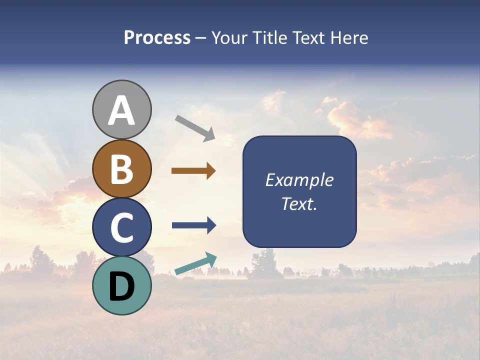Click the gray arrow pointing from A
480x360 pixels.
pos(194,128)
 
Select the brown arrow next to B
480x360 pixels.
pos(193,171)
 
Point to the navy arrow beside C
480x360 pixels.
pos(193,225)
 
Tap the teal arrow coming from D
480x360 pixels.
pos(195,264)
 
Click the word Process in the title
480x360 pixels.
pos(157,38)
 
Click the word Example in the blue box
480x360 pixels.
pos(299,180)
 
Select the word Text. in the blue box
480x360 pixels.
pos(299,204)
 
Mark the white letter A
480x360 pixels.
pos(122,110)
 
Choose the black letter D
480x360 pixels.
pos(122,286)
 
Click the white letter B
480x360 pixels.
pos(122,168)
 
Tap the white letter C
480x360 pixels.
pos(122,227)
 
